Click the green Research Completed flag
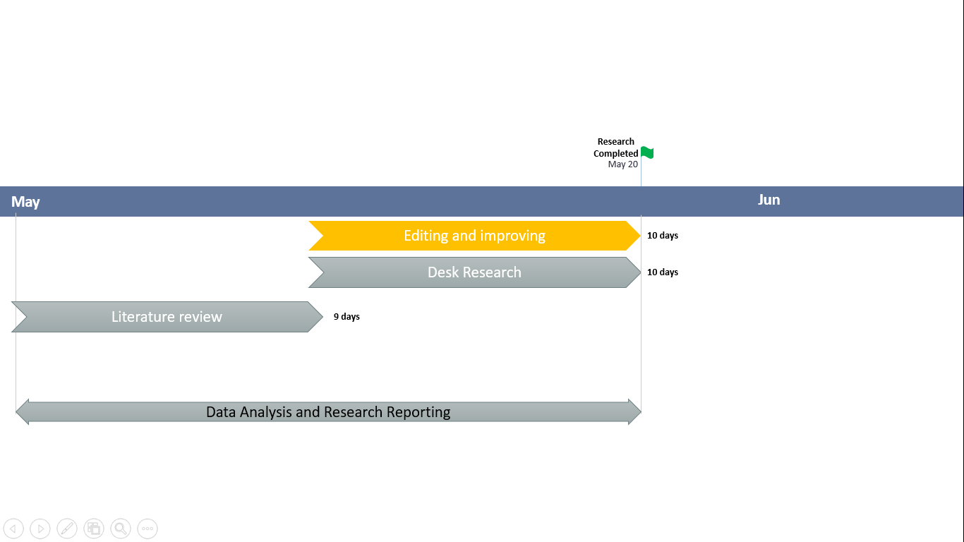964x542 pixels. click(x=647, y=152)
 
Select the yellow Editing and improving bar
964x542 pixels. click(x=474, y=236)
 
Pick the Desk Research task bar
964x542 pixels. click(x=474, y=272)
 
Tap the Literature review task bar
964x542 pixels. click(x=167, y=317)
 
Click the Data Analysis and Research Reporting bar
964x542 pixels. click(x=328, y=412)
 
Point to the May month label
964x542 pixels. click(x=25, y=202)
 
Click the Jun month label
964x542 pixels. click(x=769, y=200)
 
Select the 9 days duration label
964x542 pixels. click(x=347, y=317)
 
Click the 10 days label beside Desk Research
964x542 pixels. click(x=663, y=272)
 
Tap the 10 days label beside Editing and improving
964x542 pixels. click(x=663, y=236)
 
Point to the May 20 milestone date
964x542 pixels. click(x=623, y=164)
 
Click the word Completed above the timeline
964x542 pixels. click(x=615, y=153)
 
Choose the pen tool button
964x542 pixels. click(x=67, y=528)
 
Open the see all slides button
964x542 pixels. click(x=94, y=528)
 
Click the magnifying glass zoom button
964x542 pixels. click(x=121, y=528)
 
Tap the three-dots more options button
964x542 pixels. click(x=147, y=528)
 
